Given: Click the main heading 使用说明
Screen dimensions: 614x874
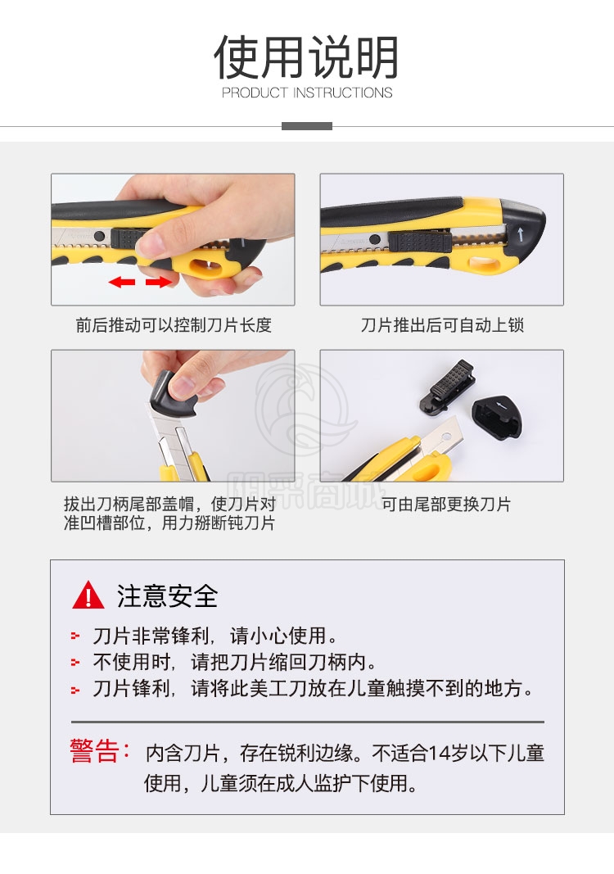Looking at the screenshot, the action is point(306,57).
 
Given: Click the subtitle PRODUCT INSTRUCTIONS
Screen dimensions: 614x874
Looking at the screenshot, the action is point(307,93).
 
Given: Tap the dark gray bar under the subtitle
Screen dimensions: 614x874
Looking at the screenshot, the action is point(307,126).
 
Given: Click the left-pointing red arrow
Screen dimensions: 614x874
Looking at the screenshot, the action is point(122,282).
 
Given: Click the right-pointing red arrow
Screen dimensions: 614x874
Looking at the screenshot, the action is point(160,282).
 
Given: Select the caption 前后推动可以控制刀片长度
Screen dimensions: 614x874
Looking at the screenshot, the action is point(174,325).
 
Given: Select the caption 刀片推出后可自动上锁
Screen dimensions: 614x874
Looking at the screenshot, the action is point(442,325).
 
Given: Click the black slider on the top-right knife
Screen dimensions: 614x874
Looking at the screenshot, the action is point(420,242).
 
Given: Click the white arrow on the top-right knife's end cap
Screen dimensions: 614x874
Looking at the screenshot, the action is point(521,233).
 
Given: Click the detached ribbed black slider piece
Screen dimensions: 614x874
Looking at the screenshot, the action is point(448,386).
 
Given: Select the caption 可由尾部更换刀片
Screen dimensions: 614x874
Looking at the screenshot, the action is point(445,504).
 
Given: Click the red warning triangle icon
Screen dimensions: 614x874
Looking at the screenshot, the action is point(88,595).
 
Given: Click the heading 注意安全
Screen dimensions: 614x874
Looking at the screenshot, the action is point(167,595).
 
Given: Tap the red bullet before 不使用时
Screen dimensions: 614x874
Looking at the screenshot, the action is point(75,662).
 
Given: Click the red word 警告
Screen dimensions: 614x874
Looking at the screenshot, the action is point(94,751).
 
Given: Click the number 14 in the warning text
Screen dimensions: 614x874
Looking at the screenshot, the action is point(440,754).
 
